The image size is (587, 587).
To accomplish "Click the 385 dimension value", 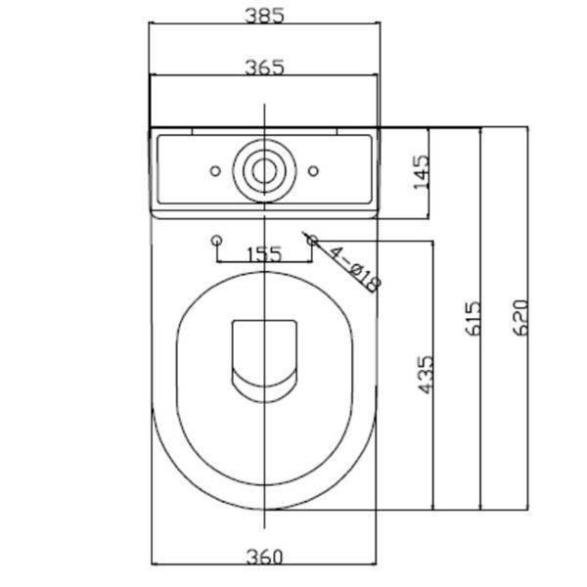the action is click(x=265, y=16).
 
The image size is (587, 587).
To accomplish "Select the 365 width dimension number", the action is click(x=265, y=68).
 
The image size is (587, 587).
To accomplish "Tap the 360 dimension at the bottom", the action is click(x=265, y=557).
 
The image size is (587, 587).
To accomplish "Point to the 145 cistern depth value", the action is click(x=421, y=172).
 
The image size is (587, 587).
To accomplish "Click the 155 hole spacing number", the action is click(x=265, y=254).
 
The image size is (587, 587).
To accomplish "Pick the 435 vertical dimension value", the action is click(x=426, y=375).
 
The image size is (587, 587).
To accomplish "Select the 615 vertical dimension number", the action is click(x=473, y=318).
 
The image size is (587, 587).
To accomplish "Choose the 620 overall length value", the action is click(x=520, y=317).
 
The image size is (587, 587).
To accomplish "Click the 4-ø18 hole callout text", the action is click(x=354, y=269).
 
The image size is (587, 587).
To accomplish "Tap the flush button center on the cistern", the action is click(x=265, y=170).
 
